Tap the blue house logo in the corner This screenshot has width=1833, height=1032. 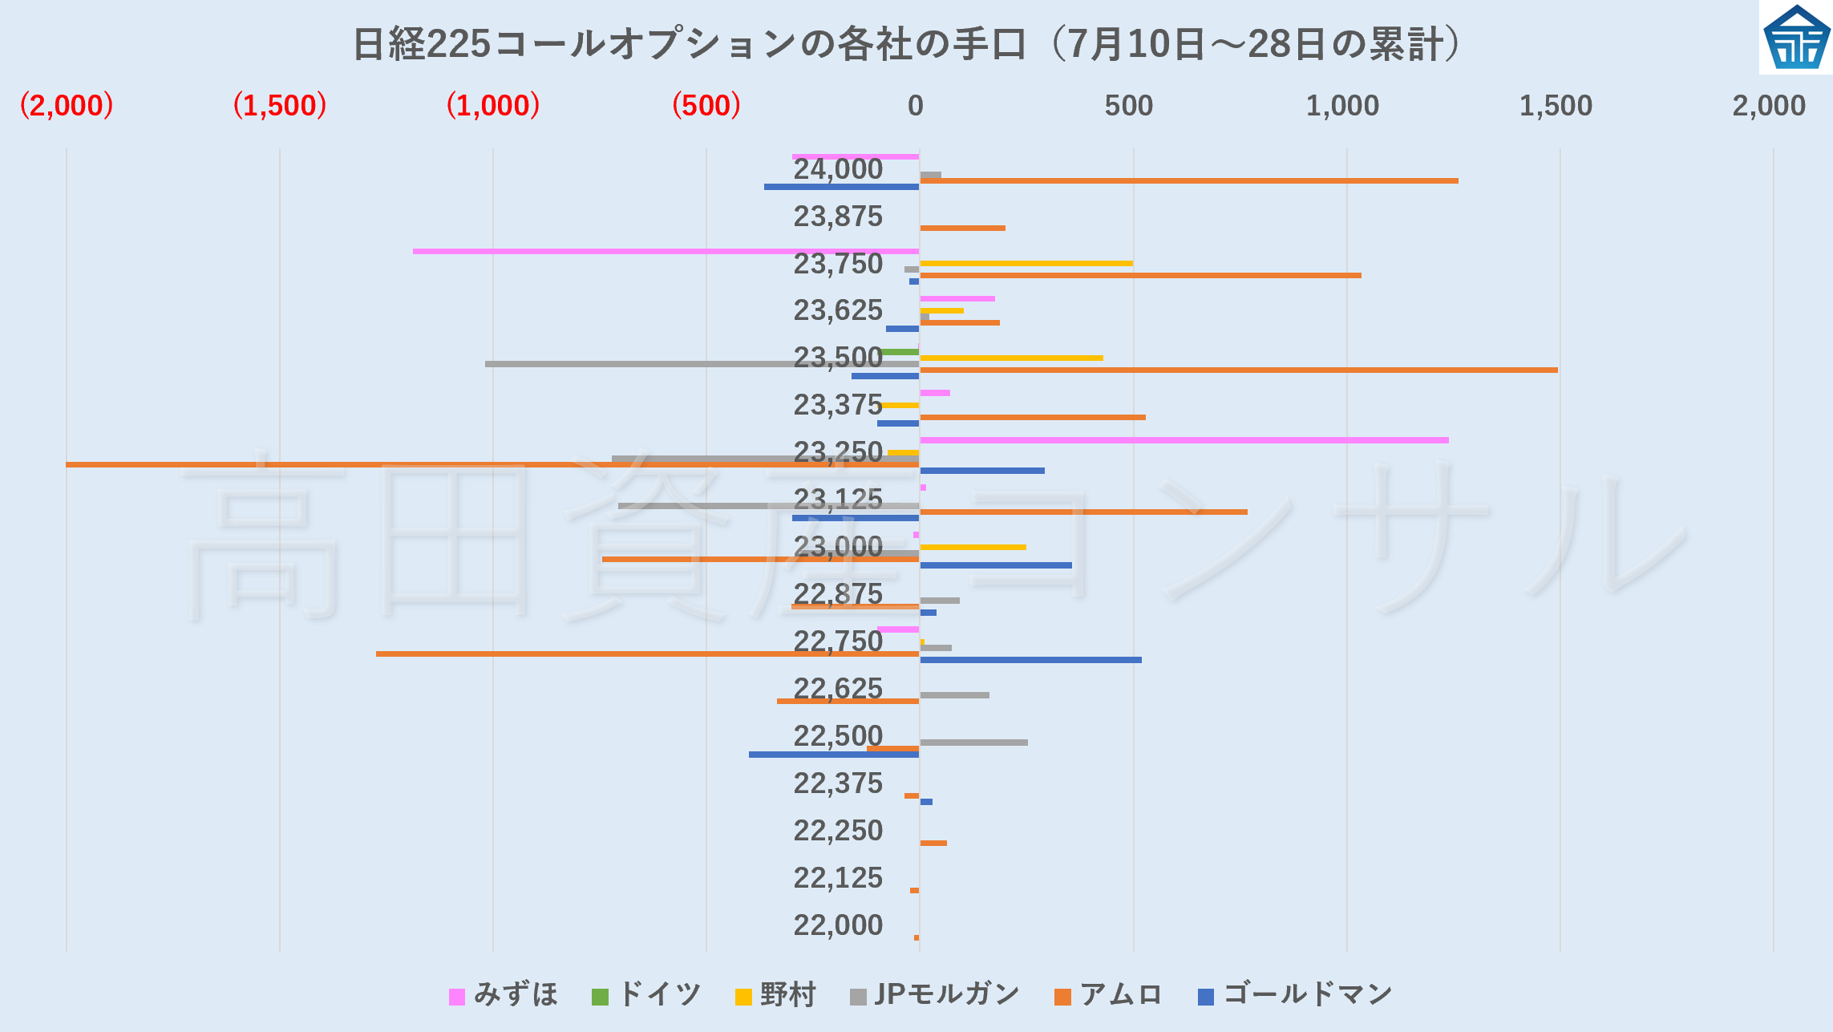click(1796, 38)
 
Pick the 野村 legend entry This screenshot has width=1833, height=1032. click(776, 995)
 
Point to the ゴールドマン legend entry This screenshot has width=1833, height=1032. click(1296, 995)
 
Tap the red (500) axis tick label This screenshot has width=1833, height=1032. click(706, 106)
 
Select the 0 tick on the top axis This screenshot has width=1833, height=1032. click(916, 106)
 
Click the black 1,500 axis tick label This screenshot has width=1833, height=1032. click(1556, 106)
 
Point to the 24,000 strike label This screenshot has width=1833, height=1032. click(838, 169)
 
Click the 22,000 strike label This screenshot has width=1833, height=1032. click(838, 925)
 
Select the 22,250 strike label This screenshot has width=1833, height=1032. click(838, 831)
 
